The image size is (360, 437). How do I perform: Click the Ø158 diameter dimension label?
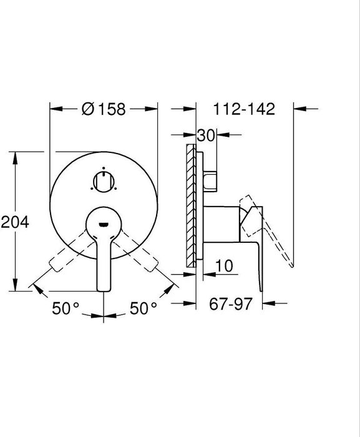(x=104, y=109)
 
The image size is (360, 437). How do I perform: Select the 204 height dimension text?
(x=15, y=222)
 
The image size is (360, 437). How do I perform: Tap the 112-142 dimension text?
(x=244, y=109)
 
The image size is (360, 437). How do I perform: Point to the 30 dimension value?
(x=206, y=135)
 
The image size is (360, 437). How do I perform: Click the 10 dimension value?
(x=224, y=266)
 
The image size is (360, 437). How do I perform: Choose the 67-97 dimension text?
(x=231, y=303)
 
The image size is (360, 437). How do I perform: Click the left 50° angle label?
(x=66, y=308)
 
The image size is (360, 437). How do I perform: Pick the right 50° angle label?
(x=144, y=308)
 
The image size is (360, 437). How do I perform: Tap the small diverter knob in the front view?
(x=104, y=182)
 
